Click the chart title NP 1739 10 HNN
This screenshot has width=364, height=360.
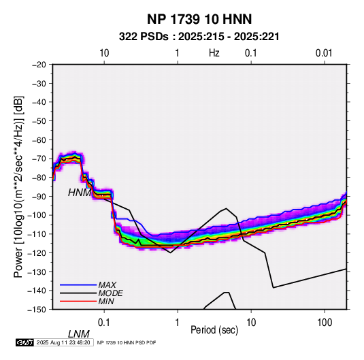199,19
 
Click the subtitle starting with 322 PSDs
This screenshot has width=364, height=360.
199,37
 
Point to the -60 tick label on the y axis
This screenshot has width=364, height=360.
39,140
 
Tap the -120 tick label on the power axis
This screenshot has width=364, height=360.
37,252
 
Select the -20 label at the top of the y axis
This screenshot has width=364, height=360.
39,65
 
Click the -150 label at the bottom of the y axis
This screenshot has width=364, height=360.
37,310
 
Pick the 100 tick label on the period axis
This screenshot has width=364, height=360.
325,323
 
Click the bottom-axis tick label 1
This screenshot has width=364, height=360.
177,323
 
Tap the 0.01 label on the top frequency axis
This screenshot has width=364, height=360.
324,53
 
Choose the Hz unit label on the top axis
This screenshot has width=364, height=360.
214,53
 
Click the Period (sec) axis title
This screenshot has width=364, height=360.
214,330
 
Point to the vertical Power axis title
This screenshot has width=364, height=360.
18,186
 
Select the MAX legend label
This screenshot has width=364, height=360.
107,284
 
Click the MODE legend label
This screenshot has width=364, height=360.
110,293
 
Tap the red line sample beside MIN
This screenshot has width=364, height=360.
78,301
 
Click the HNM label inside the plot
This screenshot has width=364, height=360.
80,193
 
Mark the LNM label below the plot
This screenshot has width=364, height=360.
79,334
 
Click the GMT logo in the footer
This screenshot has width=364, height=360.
24,342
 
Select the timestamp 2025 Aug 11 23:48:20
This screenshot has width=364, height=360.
63,342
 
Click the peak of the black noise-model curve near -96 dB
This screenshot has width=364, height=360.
226,208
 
